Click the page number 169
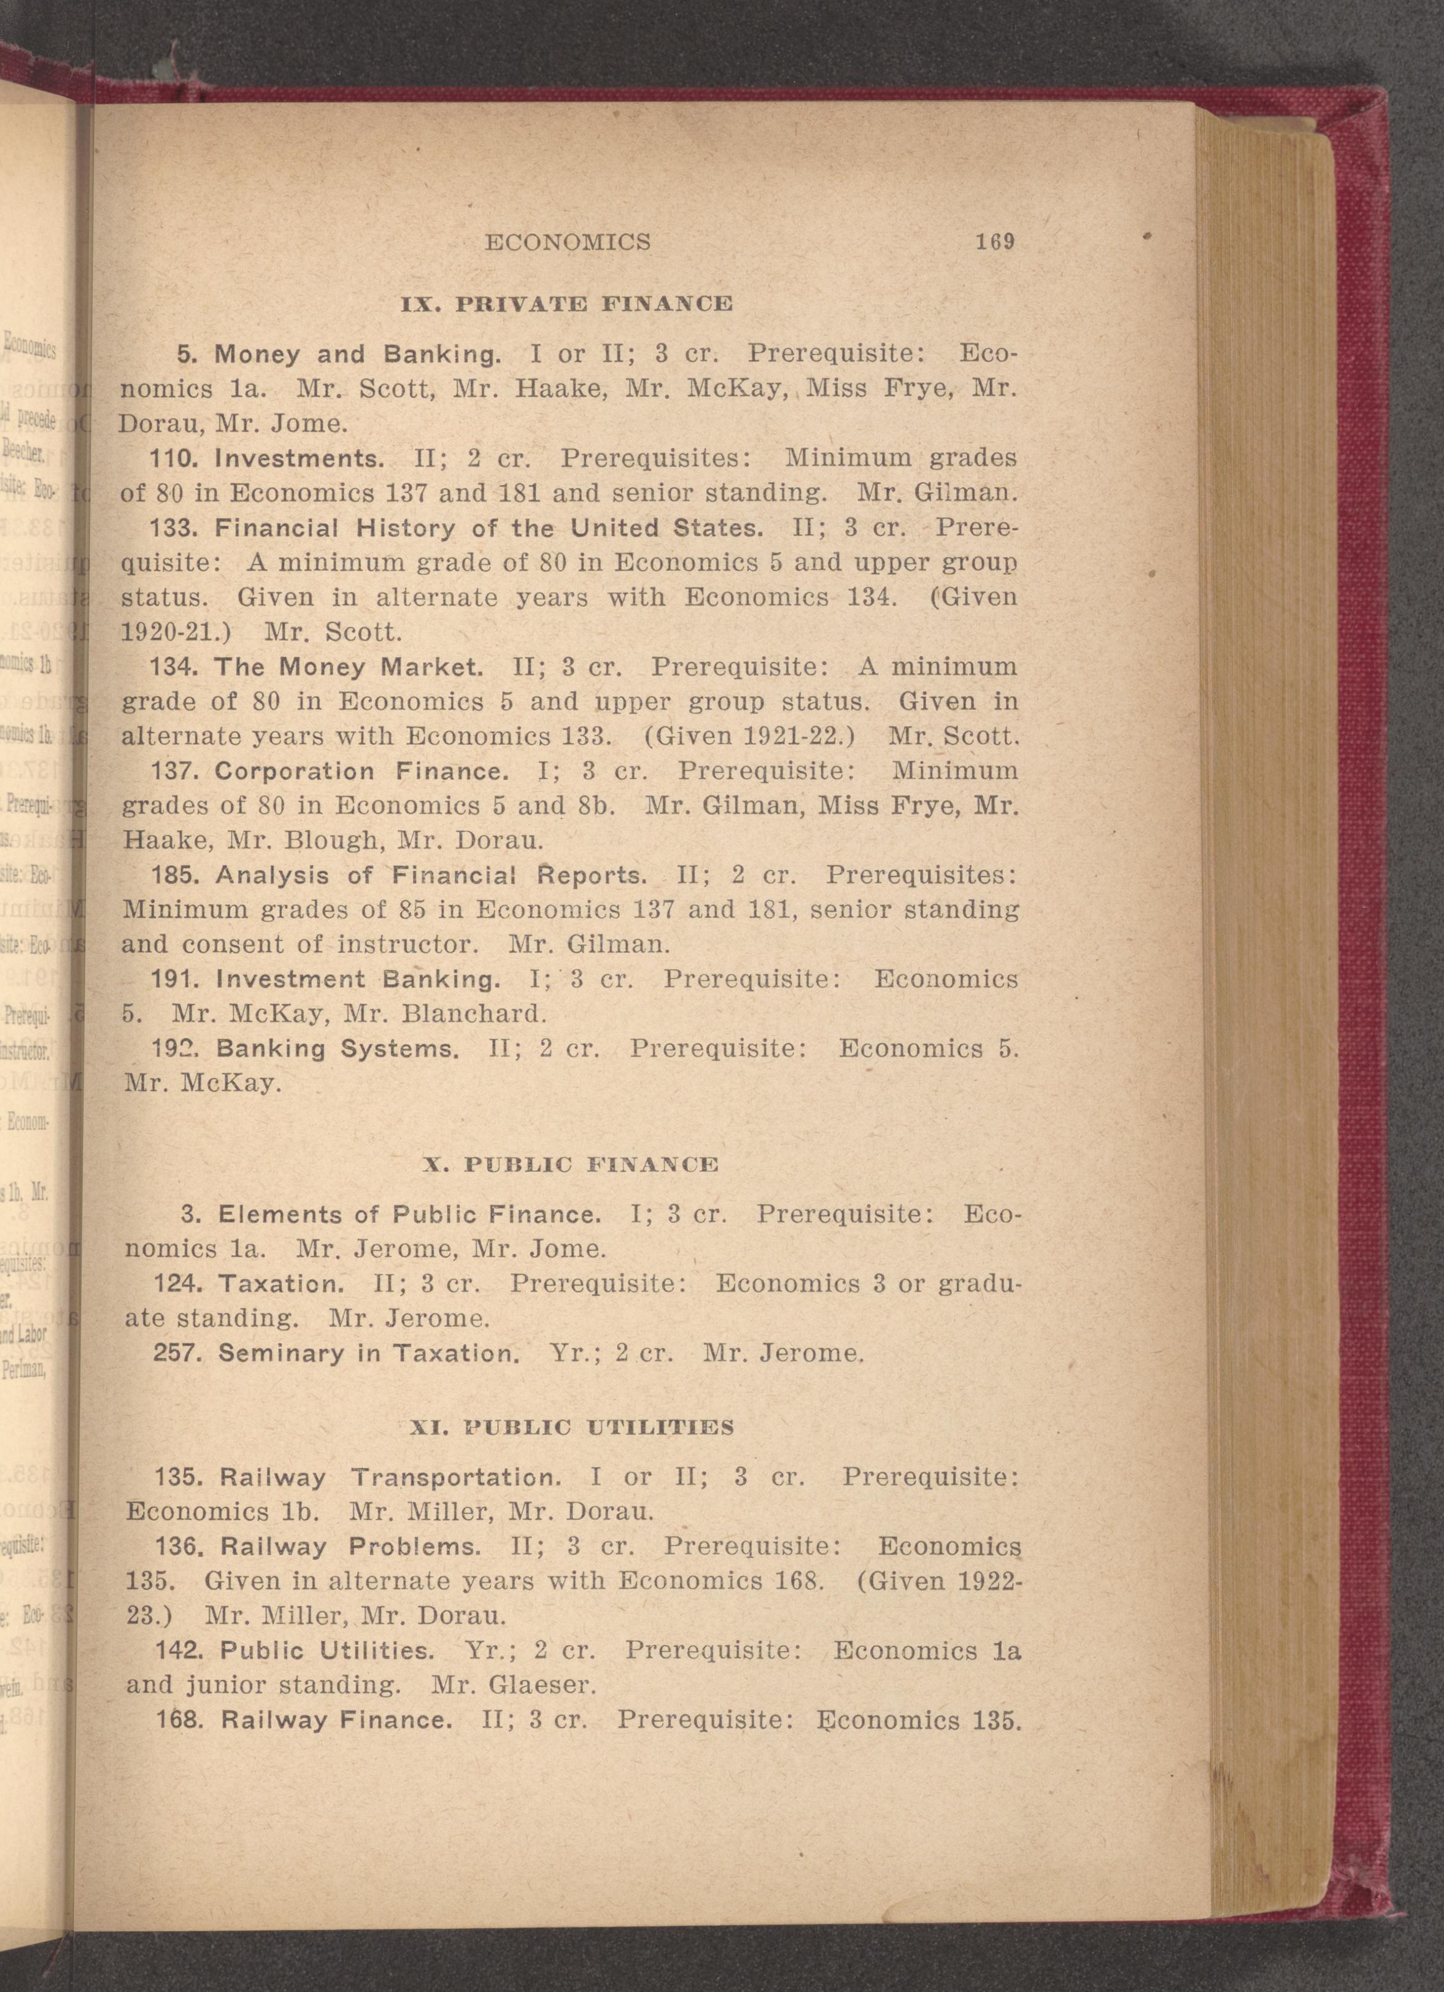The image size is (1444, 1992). click(995, 242)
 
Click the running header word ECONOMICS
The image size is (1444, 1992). click(568, 242)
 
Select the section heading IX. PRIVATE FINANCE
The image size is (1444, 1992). click(566, 304)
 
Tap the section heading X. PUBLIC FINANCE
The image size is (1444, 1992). click(571, 1164)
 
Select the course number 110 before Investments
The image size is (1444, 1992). click(175, 458)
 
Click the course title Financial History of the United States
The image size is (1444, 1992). click(487, 528)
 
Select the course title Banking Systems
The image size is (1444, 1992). click(338, 1048)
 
